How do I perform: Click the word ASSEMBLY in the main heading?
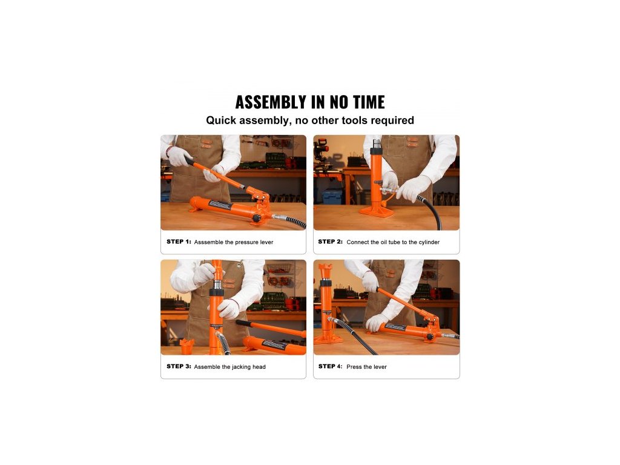coord(271,102)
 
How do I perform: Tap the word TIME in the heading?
coord(369,102)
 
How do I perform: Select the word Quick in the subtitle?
coord(220,120)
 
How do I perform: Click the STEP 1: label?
coord(179,242)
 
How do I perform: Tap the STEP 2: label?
coord(330,242)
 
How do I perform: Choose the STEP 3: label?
coord(179,366)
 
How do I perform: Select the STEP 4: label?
coord(330,366)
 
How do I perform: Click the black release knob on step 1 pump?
coord(257,218)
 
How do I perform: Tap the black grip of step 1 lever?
coord(189,160)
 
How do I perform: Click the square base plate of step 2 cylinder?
coord(377,211)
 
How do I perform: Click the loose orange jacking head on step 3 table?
coord(186,346)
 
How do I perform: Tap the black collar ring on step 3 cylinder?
coord(216,292)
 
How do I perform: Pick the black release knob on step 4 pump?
coord(429,337)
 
